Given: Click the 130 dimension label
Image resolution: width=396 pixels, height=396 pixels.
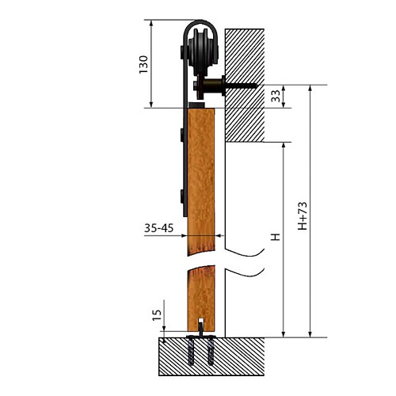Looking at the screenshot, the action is point(143,64).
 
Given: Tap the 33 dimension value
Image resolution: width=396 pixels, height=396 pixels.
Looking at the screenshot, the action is point(275,96).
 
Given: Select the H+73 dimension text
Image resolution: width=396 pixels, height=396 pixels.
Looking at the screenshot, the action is point(303,216).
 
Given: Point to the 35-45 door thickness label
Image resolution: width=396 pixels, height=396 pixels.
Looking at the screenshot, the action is point(158,228).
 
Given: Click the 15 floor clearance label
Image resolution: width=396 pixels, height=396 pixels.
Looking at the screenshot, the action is point(157,315).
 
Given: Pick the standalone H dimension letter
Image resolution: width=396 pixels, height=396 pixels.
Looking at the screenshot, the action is point(276,237).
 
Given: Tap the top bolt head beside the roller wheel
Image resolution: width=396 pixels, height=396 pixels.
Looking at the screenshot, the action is point(182,52).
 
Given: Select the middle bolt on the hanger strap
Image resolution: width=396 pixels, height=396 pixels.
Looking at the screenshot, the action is point(182,135).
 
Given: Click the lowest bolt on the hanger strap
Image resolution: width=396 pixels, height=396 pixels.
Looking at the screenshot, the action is point(182,196).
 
